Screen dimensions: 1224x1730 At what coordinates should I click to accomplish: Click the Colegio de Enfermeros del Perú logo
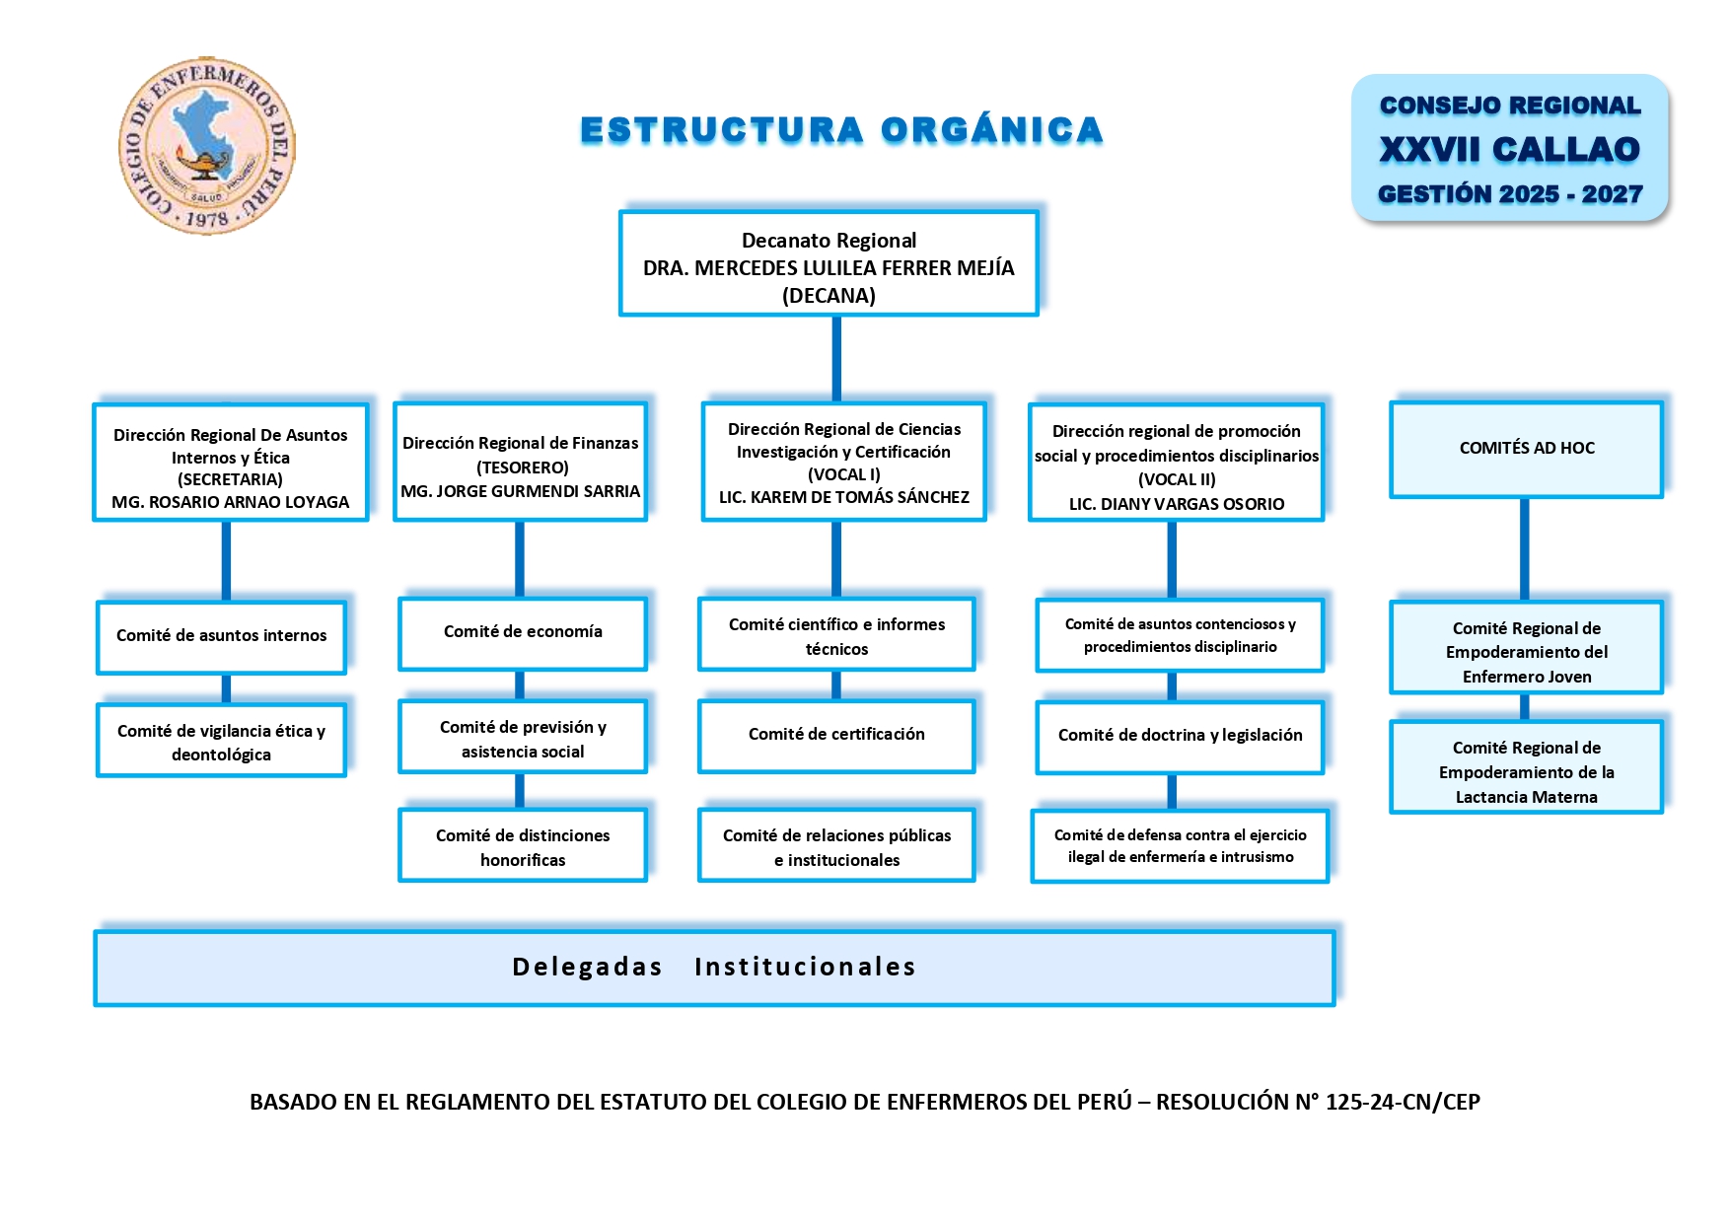click(x=207, y=146)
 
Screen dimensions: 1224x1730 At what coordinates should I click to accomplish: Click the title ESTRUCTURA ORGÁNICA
click(x=841, y=130)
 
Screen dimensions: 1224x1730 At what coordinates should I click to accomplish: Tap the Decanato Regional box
click(x=829, y=264)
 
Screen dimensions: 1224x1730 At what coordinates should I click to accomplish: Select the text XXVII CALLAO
click(x=1509, y=149)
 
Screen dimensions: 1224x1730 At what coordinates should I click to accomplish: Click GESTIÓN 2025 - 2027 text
click(x=1509, y=194)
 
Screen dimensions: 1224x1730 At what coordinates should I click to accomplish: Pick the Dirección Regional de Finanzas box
click(x=521, y=463)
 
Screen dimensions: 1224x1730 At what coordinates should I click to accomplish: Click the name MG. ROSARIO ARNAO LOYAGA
click(x=231, y=502)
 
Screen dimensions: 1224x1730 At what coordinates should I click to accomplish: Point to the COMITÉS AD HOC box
click(x=1526, y=449)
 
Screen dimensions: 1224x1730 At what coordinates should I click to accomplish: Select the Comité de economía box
click(x=523, y=632)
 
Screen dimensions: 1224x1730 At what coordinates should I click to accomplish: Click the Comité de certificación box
click(x=836, y=735)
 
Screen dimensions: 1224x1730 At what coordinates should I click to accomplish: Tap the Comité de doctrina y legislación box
click(x=1180, y=736)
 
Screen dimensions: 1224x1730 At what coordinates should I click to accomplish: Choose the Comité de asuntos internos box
click(x=221, y=636)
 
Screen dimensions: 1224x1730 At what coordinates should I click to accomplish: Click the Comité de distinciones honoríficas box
click(x=523, y=847)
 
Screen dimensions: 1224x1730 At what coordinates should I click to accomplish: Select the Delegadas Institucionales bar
click(x=714, y=968)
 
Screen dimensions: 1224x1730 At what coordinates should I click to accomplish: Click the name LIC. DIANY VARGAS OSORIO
click(x=1177, y=504)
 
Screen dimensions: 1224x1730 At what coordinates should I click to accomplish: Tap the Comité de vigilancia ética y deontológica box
click(x=221, y=742)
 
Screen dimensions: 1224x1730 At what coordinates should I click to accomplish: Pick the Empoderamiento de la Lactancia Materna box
click(x=1526, y=771)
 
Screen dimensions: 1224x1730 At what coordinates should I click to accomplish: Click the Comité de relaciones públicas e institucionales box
click(x=836, y=847)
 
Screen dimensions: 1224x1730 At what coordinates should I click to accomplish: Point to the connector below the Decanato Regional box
click(x=836, y=358)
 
